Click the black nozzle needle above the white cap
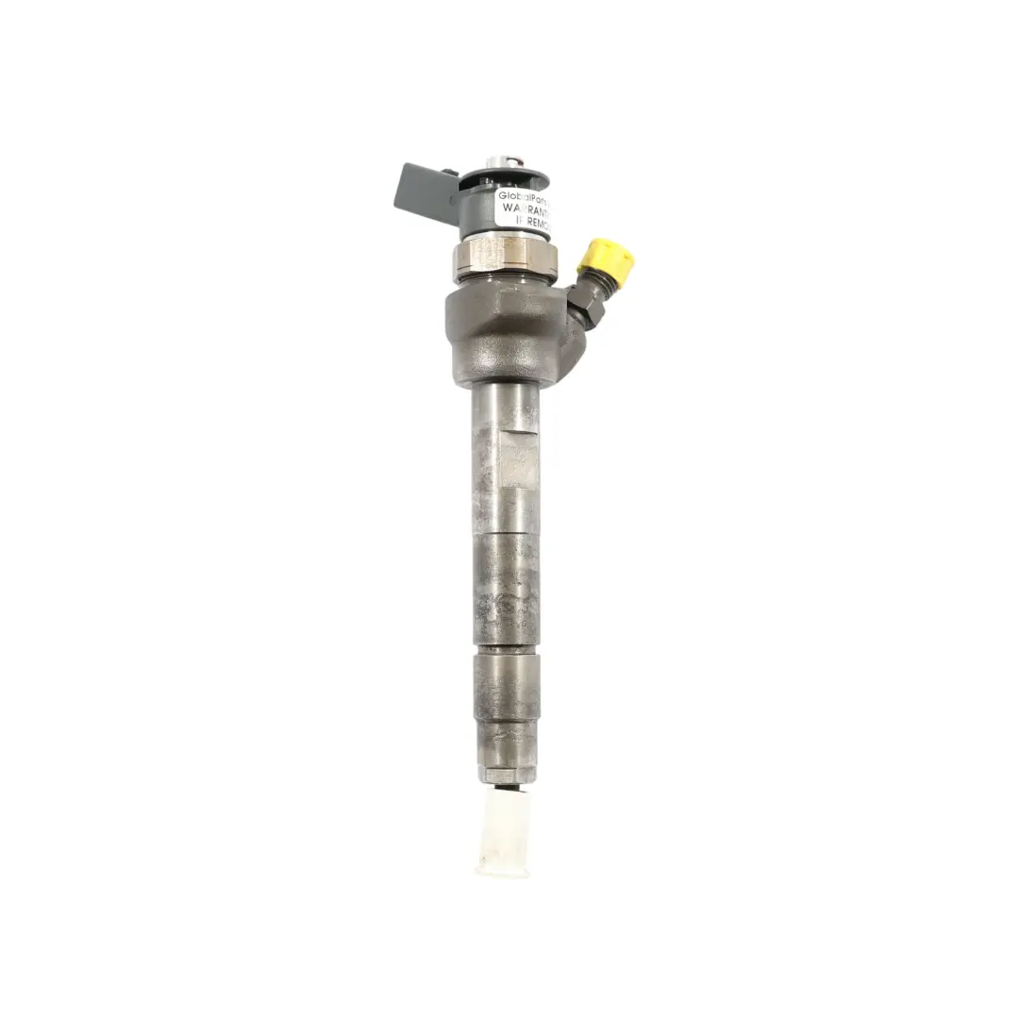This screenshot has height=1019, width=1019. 506,785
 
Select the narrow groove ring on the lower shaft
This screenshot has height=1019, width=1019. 506,650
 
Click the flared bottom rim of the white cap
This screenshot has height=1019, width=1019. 504,865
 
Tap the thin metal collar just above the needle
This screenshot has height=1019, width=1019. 507,775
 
